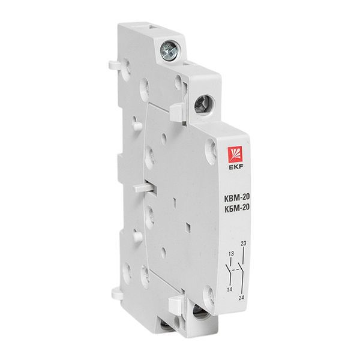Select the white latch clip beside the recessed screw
(178, 110)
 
